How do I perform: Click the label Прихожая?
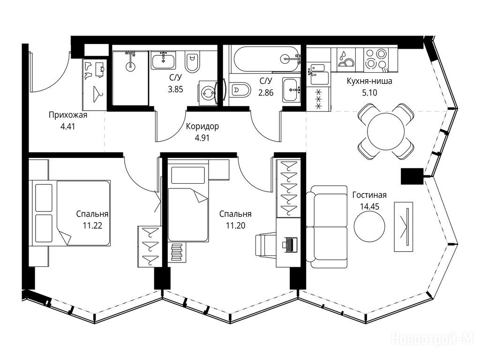[68, 115]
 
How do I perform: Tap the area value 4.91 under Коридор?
[202, 138]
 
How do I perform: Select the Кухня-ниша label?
[369, 81]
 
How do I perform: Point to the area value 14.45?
[369, 207]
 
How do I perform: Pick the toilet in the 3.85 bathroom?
[192, 62]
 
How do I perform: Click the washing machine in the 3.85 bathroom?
[208, 93]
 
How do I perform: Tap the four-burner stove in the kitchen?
[376, 59]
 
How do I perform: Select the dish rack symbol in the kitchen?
[346, 59]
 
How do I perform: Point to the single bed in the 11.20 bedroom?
[188, 203]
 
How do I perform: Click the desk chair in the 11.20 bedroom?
[266, 245]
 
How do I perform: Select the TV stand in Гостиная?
[403, 227]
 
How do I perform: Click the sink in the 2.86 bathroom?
[292, 90]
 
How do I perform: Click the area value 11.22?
[92, 226]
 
